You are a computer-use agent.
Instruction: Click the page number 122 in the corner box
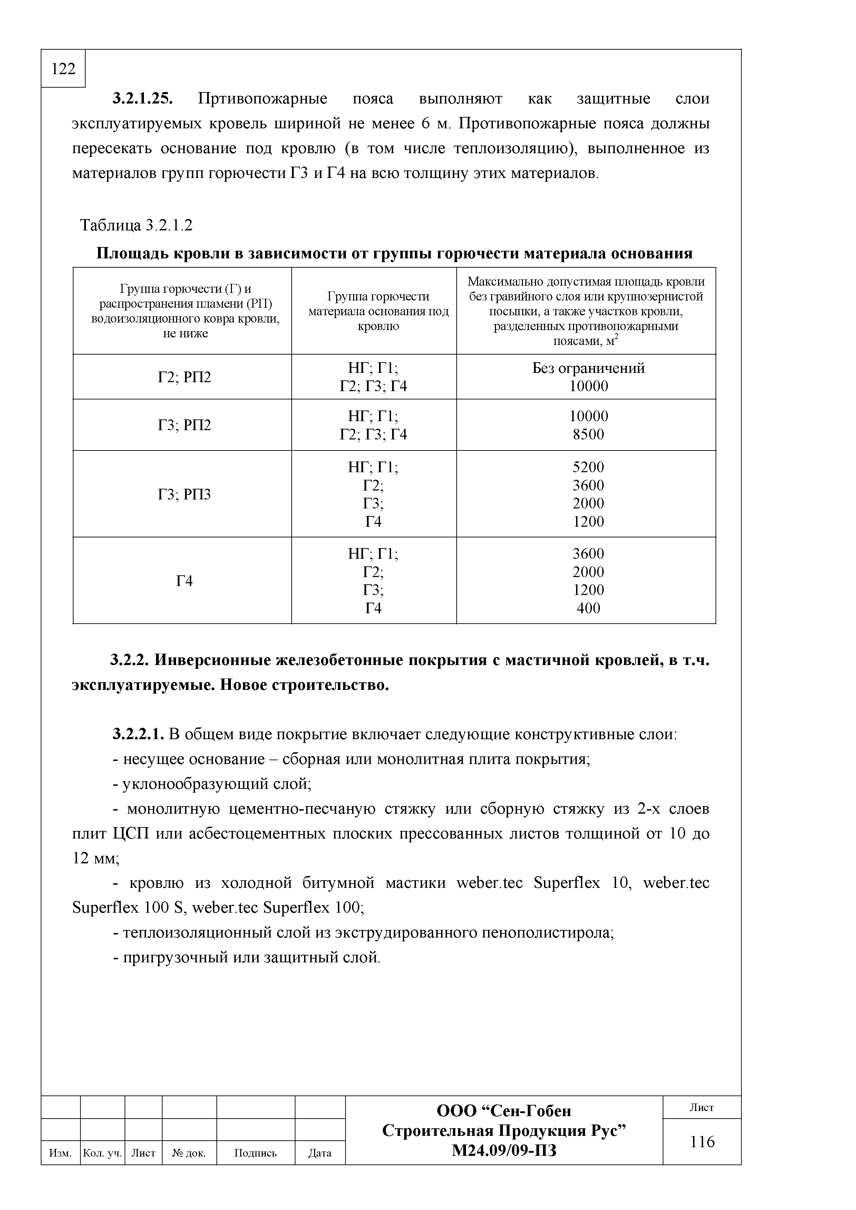63,69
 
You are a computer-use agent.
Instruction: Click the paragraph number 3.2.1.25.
143,99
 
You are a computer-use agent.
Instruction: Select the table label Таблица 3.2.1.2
136,226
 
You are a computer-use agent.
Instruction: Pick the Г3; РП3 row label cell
184,494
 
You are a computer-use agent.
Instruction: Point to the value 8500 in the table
588,435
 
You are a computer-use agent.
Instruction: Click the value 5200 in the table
588,467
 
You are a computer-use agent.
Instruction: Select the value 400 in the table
588,608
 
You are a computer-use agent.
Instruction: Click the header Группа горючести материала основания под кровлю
378,311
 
